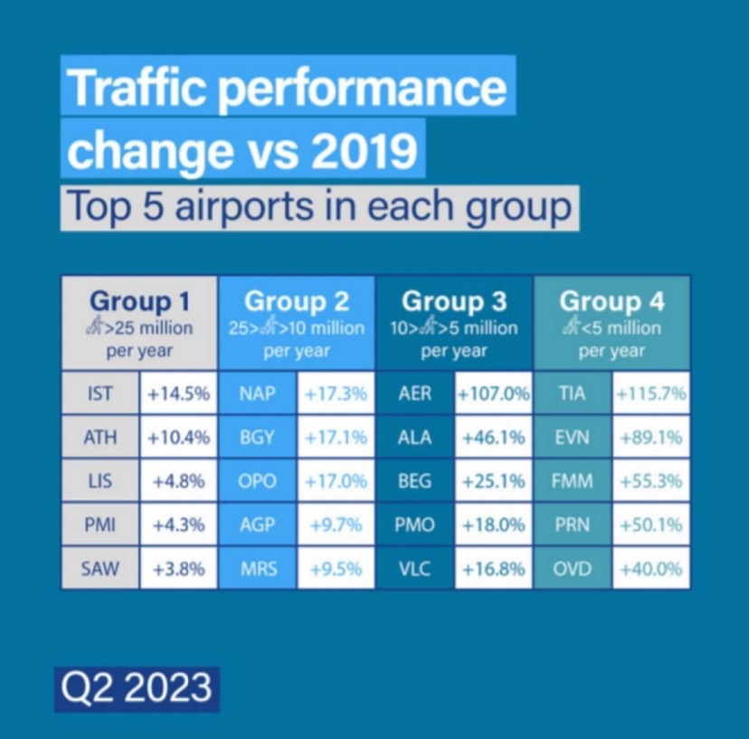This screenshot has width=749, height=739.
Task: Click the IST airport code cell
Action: [100, 393]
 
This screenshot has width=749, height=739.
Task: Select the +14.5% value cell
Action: [179, 393]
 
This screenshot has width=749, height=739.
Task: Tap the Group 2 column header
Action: [297, 301]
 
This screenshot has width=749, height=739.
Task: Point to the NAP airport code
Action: [258, 393]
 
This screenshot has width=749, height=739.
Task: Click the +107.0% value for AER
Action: [493, 393]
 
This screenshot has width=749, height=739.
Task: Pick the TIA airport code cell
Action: [572, 393]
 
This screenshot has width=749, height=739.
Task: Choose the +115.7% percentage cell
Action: [650, 393]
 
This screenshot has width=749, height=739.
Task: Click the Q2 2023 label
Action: [137, 687]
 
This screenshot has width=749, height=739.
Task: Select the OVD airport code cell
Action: [572, 570]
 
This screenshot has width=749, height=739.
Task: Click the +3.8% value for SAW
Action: [179, 570]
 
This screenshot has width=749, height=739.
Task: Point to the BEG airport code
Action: [415, 481]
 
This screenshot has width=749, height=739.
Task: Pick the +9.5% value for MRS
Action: [336, 570]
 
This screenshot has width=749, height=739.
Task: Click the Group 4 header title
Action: [612, 301]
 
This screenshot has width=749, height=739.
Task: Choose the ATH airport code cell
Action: [100, 438]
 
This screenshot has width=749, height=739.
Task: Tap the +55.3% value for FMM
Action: [650, 481]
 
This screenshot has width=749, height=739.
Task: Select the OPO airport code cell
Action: [258, 481]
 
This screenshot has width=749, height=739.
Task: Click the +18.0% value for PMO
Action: [493, 526]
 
